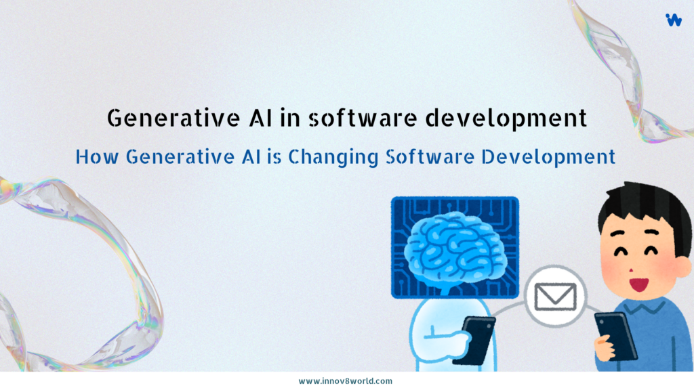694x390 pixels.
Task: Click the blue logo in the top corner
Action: [x=674, y=20]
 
